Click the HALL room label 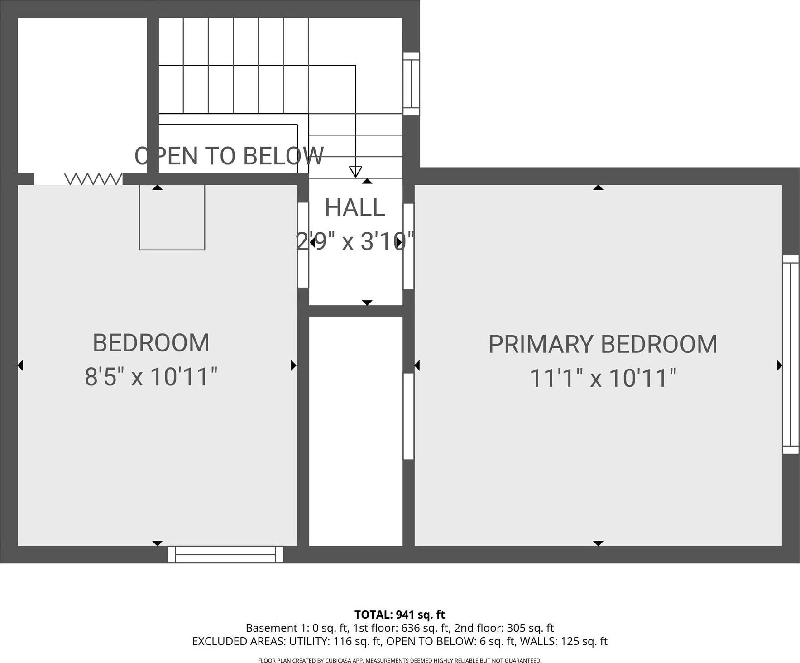point(355,208)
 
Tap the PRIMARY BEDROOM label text point(603,345)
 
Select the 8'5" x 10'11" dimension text point(151,377)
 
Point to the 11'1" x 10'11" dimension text point(603,378)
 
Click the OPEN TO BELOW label point(229,156)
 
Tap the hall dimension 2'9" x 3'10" point(355,241)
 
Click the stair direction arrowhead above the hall point(355,172)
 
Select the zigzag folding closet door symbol point(93,179)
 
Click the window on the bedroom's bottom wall point(225,554)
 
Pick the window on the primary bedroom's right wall point(790,355)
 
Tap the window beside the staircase point(411,84)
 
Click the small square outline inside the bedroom point(172,217)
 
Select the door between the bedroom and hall point(303,245)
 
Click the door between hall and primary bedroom point(408,246)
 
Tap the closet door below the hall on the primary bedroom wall point(408,416)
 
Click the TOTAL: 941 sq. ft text point(400,615)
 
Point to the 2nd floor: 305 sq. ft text point(504,628)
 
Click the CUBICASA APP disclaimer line point(400,661)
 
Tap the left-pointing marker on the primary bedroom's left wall point(417,365)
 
